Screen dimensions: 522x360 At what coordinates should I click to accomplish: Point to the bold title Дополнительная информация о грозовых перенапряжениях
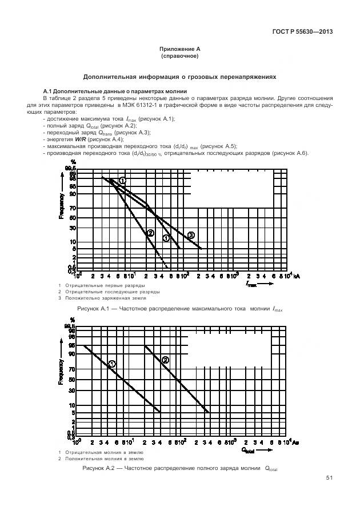[179, 76]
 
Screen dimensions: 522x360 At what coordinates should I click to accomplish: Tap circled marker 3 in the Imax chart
[191, 235]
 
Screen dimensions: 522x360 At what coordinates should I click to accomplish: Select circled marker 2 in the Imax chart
[150, 232]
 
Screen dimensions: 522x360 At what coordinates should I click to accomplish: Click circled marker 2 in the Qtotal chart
[166, 360]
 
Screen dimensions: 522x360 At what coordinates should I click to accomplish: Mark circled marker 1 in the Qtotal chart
[112, 364]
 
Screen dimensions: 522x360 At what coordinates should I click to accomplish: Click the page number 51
[329, 477]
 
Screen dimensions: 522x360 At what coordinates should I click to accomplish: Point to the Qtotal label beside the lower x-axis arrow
[247, 450]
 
